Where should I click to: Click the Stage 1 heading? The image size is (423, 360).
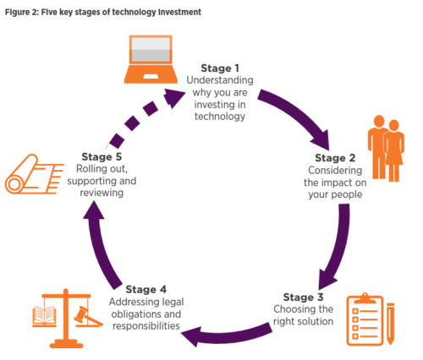[x=220, y=68]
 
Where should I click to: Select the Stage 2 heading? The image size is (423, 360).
[x=335, y=158]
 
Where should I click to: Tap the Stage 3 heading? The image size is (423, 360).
[x=303, y=297]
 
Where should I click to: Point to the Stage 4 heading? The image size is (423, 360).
[x=146, y=289]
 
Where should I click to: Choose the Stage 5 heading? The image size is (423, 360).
[x=102, y=156]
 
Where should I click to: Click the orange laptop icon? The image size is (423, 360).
[x=151, y=59]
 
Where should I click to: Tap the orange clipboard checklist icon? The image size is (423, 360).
[x=365, y=319]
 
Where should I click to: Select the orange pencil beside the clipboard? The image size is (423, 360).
[x=391, y=324]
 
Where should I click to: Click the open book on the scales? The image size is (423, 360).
[x=44, y=315]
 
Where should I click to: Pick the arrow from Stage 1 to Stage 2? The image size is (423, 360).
[x=299, y=112]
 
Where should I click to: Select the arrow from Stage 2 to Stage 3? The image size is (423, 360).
[x=340, y=248]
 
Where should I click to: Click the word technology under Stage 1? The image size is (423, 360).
[x=220, y=117]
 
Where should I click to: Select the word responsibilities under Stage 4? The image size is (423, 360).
[x=146, y=326]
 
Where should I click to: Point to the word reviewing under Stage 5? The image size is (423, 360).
[x=102, y=193]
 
